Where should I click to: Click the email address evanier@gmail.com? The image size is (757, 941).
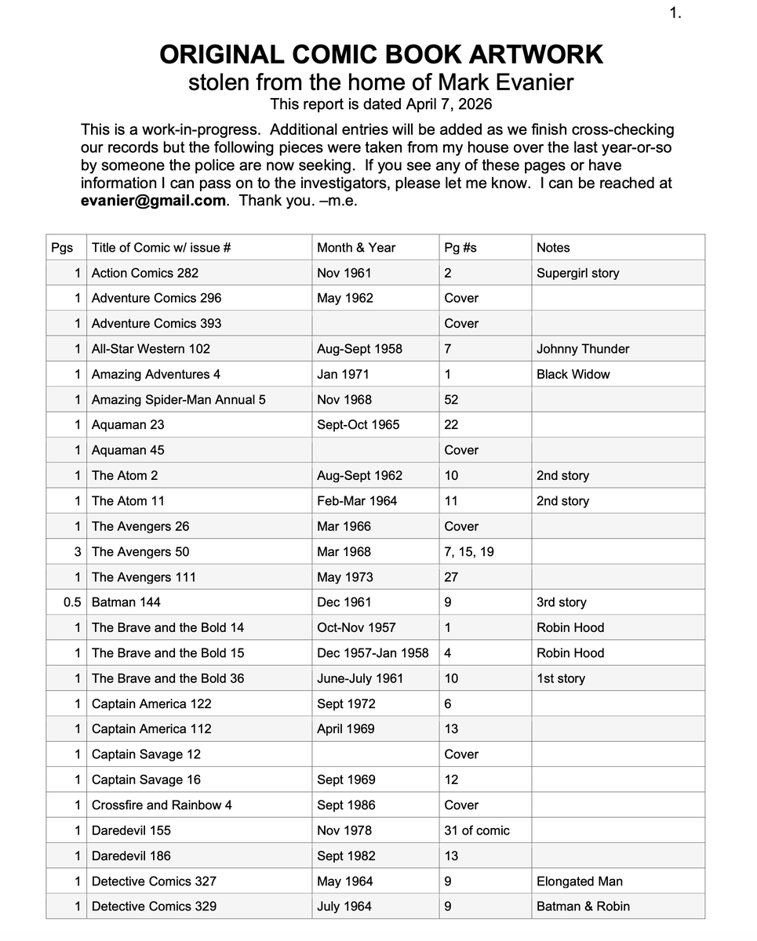[153, 201]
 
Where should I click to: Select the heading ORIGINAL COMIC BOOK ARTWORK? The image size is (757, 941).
[381, 55]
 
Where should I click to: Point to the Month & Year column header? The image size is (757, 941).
[356, 248]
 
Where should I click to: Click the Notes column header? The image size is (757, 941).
[553, 248]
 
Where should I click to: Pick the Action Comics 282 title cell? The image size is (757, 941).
[145, 273]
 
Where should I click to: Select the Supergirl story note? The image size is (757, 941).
[577, 273]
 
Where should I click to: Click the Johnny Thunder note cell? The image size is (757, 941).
[583, 349]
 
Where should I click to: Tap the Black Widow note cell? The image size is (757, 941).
[573, 374]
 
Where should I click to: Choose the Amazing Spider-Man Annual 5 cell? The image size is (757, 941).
[179, 400]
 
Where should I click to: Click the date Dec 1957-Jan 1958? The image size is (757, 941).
[373, 653]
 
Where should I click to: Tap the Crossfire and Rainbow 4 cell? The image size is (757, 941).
[162, 805]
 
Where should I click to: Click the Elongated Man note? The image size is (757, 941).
[579, 881]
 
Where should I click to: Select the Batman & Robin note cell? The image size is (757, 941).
[583, 906]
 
